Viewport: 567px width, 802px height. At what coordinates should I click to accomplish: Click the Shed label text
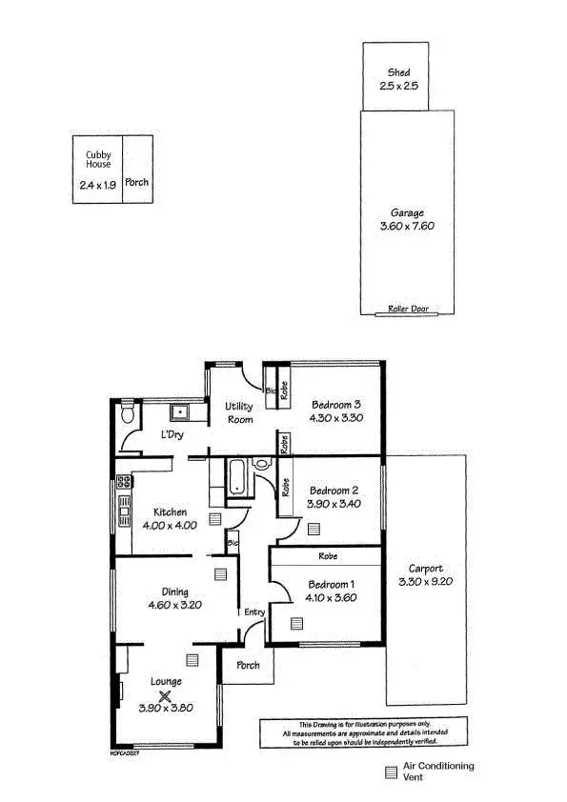click(x=398, y=72)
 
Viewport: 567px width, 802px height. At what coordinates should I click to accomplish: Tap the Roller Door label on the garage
click(x=407, y=309)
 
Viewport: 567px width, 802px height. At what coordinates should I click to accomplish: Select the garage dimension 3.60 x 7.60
click(x=407, y=227)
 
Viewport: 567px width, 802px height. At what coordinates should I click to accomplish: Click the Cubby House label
click(x=98, y=158)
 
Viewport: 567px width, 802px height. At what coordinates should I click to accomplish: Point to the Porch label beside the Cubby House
click(x=137, y=182)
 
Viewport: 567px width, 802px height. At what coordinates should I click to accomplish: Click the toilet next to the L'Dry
click(x=128, y=414)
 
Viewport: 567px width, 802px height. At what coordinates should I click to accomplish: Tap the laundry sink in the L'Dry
click(x=178, y=412)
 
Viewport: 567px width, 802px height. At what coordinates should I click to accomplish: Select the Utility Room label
click(x=239, y=412)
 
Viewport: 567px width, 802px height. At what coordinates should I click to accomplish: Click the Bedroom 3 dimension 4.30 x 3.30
click(x=336, y=417)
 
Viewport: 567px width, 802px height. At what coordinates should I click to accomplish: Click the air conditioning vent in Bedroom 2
click(x=314, y=527)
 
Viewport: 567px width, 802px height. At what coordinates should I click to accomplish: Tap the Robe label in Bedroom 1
click(x=327, y=556)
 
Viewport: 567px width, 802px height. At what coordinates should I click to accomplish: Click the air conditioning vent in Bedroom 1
click(x=296, y=623)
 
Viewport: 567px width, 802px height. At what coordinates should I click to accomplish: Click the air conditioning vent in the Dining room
click(x=221, y=573)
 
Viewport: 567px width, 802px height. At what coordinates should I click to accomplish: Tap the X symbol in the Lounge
click(x=165, y=697)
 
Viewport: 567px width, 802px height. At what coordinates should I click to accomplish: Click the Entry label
click(x=253, y=612)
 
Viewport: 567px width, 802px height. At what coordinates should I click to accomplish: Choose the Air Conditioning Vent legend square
click(x=391, y=772)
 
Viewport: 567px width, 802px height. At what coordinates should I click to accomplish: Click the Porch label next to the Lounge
click(x=248, y=665)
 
